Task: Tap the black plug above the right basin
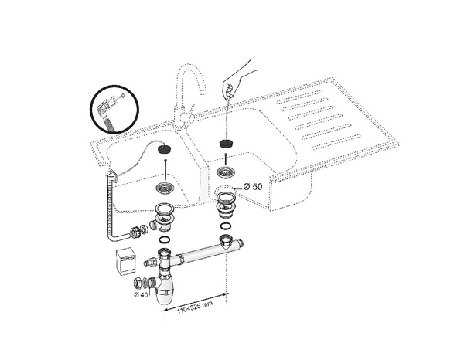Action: click(x=226, y=144)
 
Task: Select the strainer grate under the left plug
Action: click(x=164, y=188)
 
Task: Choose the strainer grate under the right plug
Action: click(x=226, y=174)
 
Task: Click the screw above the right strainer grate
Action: click(x=226, y=159)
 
